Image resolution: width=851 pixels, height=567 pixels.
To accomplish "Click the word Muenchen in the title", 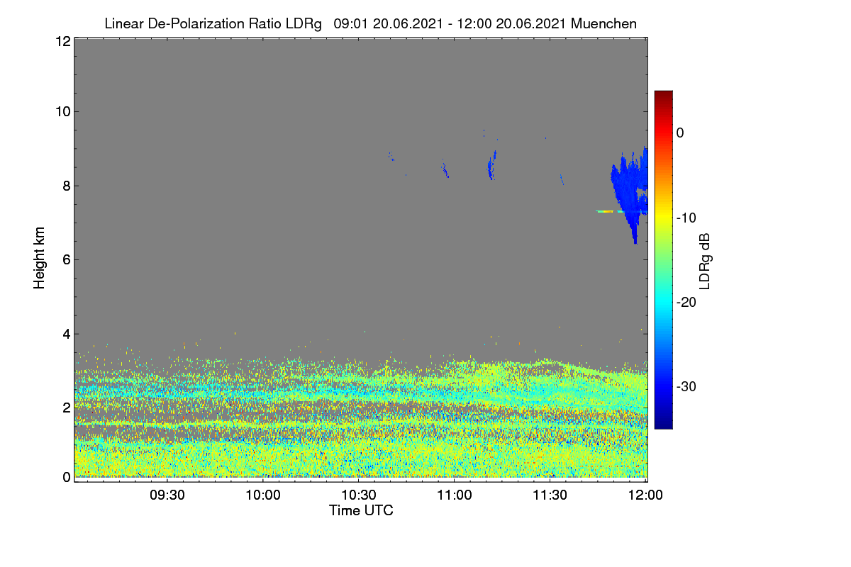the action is pos(604,23).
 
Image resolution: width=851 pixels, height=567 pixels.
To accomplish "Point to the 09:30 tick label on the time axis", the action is pos(167,495).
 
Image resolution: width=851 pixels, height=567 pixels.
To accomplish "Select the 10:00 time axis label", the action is pos(263,495).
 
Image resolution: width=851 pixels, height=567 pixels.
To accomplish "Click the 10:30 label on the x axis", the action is pos(359,495).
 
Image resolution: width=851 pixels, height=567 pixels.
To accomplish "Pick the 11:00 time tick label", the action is pos(455,495).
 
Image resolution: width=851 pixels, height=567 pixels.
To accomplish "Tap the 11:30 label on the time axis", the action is pos(550,495).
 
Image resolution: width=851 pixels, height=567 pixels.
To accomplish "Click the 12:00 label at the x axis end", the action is pos(645,495).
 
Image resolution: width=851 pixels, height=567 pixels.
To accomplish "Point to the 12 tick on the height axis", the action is pos(63,41).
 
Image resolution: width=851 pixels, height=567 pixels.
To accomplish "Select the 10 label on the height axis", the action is pos(63,112).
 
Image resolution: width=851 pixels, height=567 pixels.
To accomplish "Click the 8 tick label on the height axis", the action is pos(67,186).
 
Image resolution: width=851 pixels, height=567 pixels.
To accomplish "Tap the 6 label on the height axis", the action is pos(67,260).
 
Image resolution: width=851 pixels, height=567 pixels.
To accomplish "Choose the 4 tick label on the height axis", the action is pos(67,335).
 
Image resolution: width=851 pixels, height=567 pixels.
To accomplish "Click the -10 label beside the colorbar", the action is pos(686,218).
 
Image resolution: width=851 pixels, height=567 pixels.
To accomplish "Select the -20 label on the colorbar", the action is pos(686,303).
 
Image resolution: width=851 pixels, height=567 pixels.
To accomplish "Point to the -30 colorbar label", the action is pos(686,386).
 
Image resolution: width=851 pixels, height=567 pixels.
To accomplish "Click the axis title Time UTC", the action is pos(361,511).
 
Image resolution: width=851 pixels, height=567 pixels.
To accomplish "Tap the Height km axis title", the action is pos(39,258).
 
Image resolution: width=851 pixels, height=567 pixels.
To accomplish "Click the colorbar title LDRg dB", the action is pos(704,262).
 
